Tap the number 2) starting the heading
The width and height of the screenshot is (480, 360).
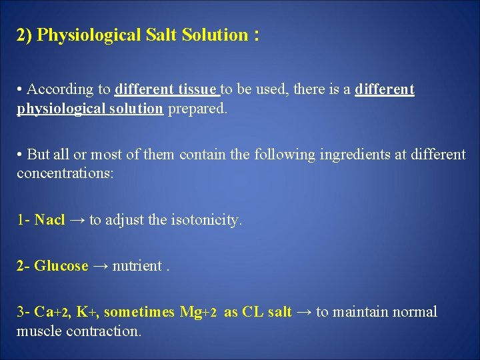pyautogui.click(x=25, y=35)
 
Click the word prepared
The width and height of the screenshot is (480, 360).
pyautogui.click(x=197, y=109)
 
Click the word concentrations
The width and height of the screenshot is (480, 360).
pyautogui.click(x=65, y=174)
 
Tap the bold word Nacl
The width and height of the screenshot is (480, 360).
pyautogui.click(x=49, y=220)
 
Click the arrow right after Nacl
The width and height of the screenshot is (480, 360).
pyautogui.click(x=77, y=220)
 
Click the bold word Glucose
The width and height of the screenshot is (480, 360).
pyautogui.click(x=61, y=266)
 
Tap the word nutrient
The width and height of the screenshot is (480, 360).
pyautogui.click(x=137, y=266)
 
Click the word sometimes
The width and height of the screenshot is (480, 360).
pyautogui.click(x=139, y=312)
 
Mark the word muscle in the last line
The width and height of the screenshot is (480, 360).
pyautogui.click(x=39, y=331)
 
